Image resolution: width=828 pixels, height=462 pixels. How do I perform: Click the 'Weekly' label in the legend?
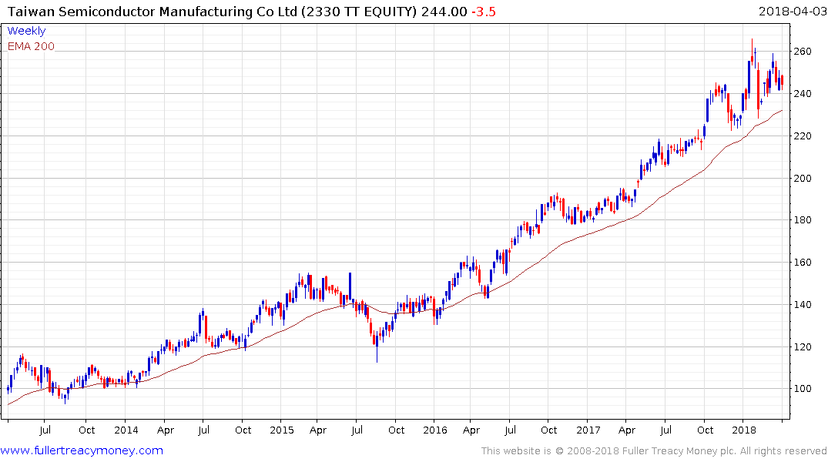26,31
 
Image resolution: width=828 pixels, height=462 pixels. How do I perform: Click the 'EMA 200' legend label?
31,46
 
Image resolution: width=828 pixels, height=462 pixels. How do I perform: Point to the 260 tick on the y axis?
803,52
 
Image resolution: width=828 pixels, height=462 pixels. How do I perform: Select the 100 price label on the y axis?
803,389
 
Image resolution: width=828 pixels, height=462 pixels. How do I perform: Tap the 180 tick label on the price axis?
803,220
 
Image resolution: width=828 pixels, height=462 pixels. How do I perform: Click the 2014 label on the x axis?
126,430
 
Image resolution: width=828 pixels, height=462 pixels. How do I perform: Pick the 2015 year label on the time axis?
281,430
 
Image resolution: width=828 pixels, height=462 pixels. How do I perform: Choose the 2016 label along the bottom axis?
435,430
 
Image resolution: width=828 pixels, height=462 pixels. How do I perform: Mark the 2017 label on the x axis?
588,430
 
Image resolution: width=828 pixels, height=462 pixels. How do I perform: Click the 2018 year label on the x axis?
743,430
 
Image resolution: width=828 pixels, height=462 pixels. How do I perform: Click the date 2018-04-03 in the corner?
790,12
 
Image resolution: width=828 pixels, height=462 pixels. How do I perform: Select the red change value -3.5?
484,12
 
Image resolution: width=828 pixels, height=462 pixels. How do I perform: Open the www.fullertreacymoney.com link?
82,450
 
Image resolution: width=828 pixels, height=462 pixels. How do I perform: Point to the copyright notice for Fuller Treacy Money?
654,450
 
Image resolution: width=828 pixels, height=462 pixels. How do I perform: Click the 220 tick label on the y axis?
803,136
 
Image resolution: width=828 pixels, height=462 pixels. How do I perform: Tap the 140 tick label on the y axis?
803,305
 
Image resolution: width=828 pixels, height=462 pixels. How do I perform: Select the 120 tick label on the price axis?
803,347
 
